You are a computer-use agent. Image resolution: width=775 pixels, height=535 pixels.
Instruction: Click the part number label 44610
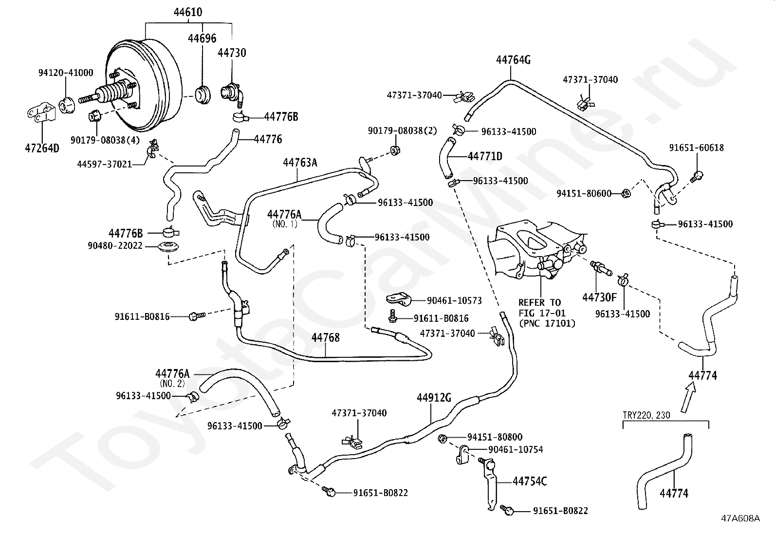pos(188,12)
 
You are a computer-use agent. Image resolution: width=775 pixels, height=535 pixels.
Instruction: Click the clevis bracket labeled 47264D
pos(41,112)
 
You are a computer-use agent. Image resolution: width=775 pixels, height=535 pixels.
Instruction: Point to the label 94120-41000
pos(66,73)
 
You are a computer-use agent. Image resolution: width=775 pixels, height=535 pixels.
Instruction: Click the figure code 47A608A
pos(740,518)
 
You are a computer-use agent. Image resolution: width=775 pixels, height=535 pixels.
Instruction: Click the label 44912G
pos(434,398)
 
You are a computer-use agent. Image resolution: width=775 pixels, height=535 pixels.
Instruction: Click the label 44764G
pos(513,60)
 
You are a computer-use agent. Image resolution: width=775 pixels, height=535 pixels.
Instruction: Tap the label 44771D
pos(485,156)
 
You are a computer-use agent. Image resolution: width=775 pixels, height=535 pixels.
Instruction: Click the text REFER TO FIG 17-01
pos(542,308)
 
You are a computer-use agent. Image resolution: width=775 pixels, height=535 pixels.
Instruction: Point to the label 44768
pos(325,337)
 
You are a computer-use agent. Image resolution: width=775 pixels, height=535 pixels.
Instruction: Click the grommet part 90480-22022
pos(168,248)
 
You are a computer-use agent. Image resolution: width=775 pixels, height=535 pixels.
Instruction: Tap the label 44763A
pos(300,162)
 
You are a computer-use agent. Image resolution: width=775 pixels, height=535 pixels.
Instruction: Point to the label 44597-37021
pos(105,164)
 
